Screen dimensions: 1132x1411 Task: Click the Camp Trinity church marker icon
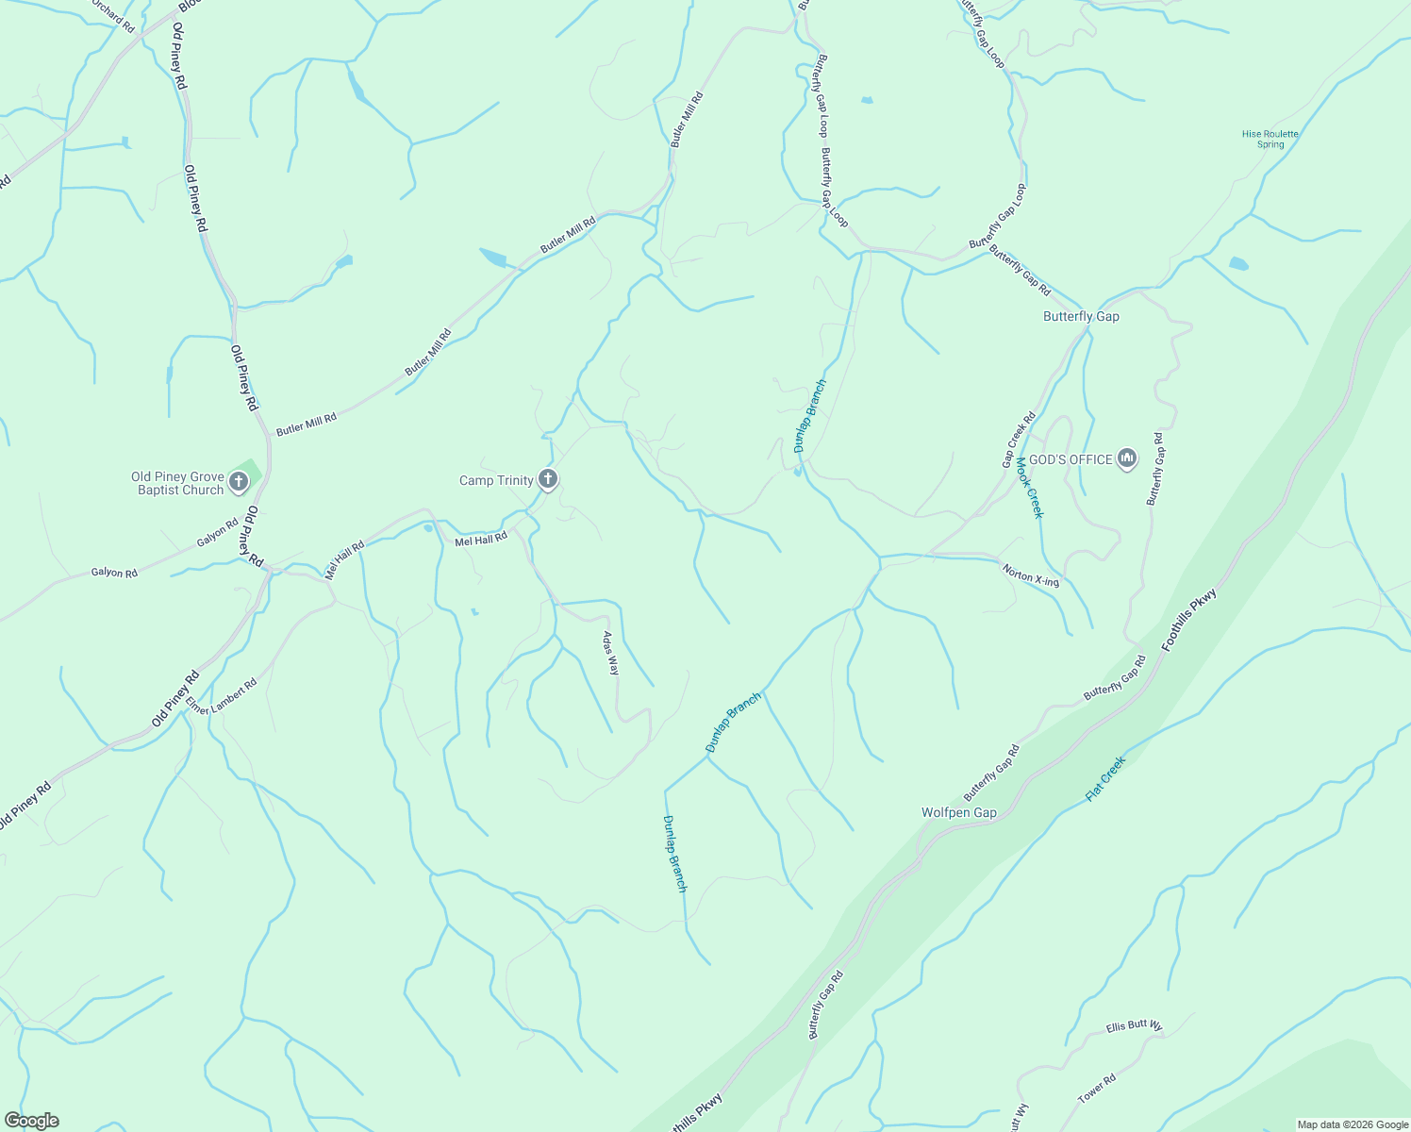pos(547,479)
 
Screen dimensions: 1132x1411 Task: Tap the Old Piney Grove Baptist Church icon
pos(239,482)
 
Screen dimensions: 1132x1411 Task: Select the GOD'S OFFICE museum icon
pos(1126,458)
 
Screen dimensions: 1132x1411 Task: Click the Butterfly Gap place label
pos(1081,316)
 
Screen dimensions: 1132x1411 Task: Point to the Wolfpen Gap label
pos(958,812)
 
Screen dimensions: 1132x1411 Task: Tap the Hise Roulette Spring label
pos(1270,139)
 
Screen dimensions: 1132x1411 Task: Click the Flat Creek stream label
pos(1105,779)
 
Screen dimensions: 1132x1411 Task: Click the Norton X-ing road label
pos(1030,575)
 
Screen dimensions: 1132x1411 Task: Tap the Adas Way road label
pos(611,653)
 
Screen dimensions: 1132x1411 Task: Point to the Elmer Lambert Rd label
pos(222,696)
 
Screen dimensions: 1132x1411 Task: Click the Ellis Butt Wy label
pos(1134,1025)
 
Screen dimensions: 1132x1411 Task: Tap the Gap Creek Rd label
pos(1019,440)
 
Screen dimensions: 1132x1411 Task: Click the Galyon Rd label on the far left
pos(114,573)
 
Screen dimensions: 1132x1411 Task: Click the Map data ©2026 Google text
pos(1352,1124)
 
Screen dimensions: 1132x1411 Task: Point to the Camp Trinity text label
pos(496,480)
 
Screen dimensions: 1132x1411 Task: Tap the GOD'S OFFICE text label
pos(1071,459)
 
